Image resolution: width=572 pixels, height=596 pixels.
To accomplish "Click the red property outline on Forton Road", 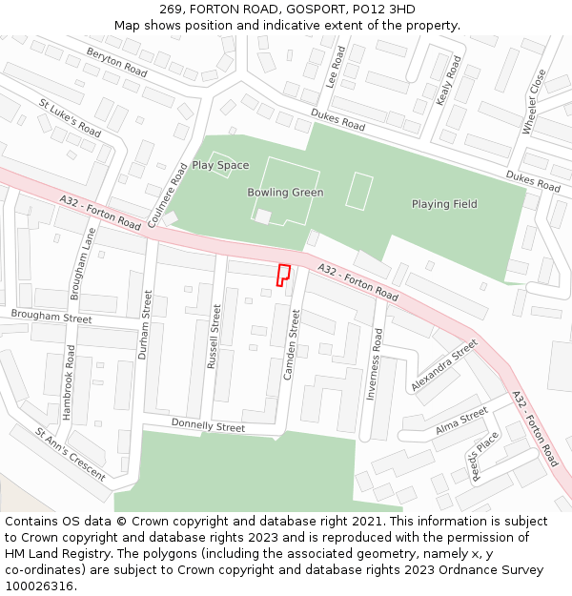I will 282,275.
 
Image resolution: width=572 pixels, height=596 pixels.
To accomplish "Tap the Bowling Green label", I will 285,193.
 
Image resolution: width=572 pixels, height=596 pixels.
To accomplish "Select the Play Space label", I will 220,165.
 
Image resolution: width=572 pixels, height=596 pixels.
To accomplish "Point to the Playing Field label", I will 444,204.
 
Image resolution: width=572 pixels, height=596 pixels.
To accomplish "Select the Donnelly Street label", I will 208,424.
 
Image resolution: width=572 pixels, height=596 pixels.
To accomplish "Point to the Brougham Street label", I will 51,316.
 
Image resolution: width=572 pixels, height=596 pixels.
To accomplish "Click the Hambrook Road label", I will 69,381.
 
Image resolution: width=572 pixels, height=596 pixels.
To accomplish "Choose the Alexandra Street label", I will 444,366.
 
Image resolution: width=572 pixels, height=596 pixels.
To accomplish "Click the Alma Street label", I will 461,421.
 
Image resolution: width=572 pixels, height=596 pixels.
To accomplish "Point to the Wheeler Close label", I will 534,100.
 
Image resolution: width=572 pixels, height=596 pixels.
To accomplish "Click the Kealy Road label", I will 447,80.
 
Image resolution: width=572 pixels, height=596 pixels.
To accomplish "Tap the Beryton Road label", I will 116,62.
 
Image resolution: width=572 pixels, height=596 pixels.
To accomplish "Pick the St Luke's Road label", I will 70,116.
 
